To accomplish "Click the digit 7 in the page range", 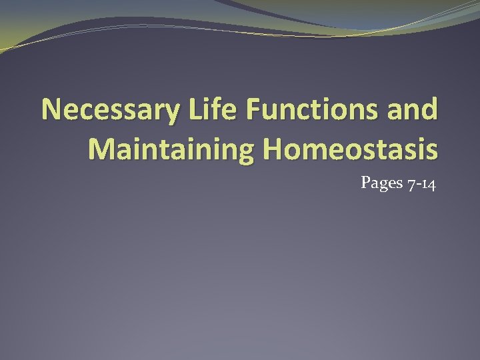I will pos(409,183).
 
